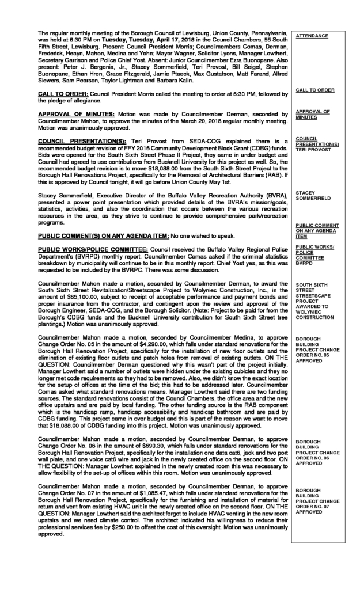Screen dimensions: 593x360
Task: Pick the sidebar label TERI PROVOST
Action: pos(312,151)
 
